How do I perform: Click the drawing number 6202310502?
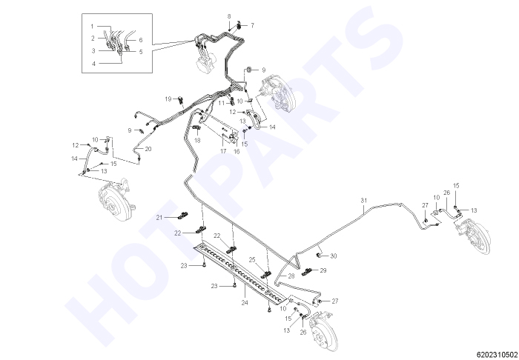[497, 354]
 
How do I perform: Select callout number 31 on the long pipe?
[364, 200]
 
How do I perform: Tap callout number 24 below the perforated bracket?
[245, 302]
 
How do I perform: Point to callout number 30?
[334, 256]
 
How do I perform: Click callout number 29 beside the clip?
[323, 270]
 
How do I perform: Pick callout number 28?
[291, 276]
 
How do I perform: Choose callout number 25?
[252, 260]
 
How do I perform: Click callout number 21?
[160, 217]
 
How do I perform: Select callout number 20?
[148, 149]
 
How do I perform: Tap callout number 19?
[168, 99]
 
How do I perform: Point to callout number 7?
[252, 25]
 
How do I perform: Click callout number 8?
[229, 16]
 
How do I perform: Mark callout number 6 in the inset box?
[141, 40]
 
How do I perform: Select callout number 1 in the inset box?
[93, 26]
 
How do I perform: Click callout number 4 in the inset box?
[93, 64]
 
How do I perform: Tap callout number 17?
[223, 151]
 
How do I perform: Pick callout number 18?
[197, 141]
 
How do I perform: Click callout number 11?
[222, 103]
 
